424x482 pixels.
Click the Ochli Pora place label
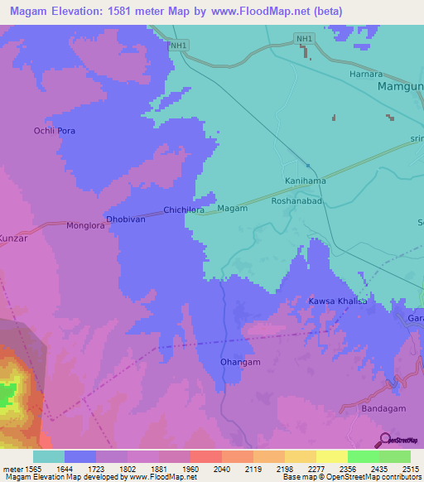60,132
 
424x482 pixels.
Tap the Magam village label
233,209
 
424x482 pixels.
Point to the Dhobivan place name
126,219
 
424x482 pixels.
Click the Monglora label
87,225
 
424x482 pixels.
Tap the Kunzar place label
13,238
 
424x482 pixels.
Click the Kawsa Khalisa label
337,301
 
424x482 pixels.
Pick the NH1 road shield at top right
305,39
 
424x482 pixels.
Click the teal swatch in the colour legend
49,456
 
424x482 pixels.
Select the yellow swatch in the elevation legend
331,456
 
